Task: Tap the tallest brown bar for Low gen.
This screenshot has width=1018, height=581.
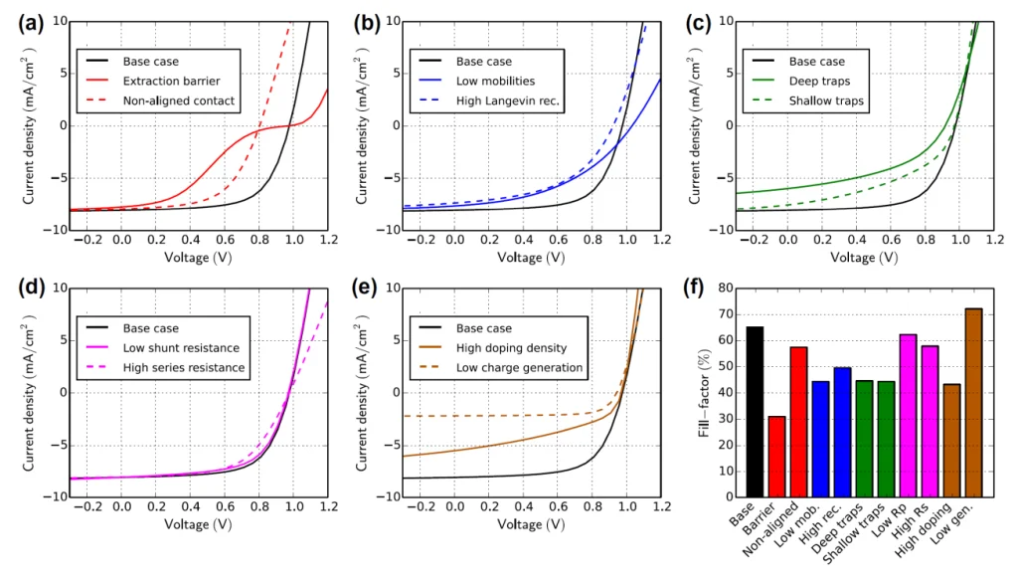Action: (973, 402)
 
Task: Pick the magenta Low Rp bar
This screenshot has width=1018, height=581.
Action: (908, 415)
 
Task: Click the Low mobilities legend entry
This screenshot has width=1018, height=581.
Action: (497, 81)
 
